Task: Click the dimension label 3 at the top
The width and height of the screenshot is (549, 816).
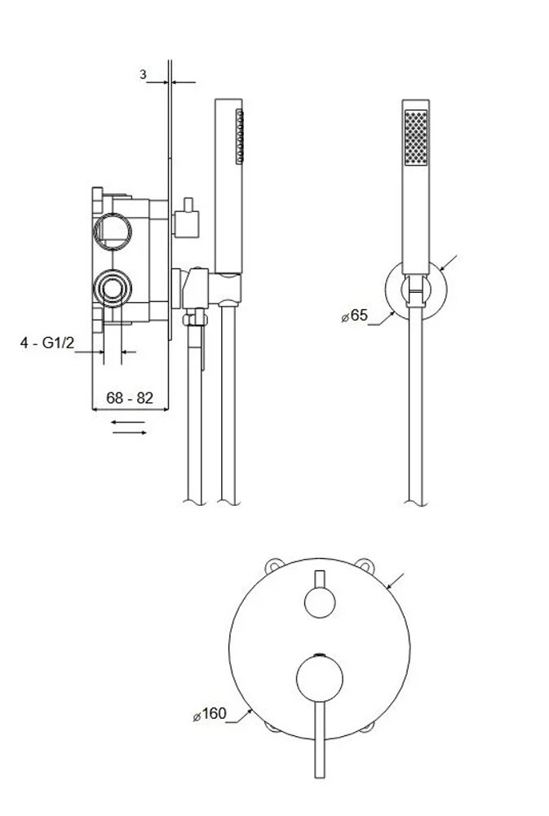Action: coord(144,74)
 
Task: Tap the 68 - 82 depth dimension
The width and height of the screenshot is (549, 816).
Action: coord(130,398)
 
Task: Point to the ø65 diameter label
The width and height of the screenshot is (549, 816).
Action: coord(354,315)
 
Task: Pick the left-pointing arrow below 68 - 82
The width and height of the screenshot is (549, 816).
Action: coord(128,422)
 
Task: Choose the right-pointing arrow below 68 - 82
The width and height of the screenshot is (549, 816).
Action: coord(128,432)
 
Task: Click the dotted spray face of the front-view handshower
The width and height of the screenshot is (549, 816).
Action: coord(416,138)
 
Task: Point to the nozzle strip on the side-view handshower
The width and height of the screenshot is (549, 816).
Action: coord(239,135)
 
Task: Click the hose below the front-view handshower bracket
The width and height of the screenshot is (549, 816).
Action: coord(415,408)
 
